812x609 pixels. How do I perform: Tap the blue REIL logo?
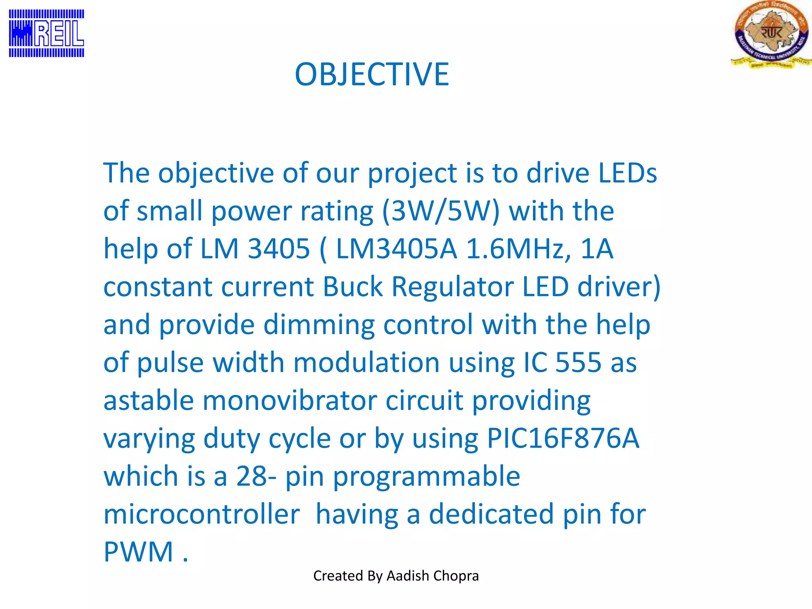pos(46,33)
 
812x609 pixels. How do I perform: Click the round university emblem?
pos(771,34)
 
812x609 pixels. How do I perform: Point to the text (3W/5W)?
pos(440,211)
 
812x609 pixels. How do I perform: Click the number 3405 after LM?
pos(278,249)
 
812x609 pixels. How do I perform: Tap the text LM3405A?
pos(396,249)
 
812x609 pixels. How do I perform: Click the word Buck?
pos(352,286)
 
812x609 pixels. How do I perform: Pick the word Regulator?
pos(452,286)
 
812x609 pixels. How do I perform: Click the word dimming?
pos(319,324)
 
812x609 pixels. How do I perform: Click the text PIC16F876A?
pos(563,438)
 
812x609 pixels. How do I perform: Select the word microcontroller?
pos(201,514)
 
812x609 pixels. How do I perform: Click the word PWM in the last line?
pos(138,552)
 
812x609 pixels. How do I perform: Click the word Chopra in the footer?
pos(459,576)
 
